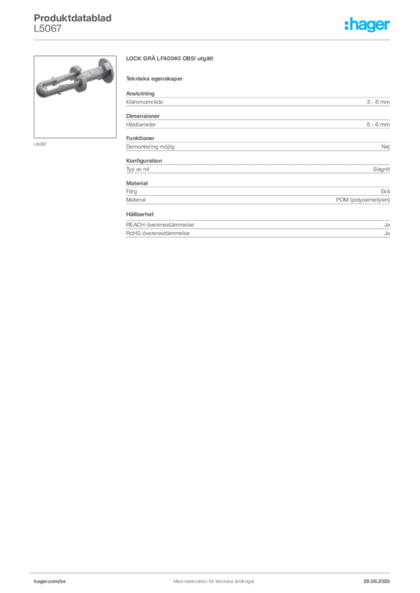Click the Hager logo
click(x=367, y=24)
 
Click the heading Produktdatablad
click(x=73, y=18)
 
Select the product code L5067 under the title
click(x=48, y=29)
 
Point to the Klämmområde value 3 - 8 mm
click(x=378, y=102)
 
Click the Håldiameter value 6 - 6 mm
click(x=378, y=125)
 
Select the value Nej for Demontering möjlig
click(x=386, y=147)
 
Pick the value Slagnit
click(x=381, y=169)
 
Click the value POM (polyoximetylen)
click(x=363, y=200)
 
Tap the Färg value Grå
click(x=385, y=191)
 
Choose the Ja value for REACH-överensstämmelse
click(x=387, y=225)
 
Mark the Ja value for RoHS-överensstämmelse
click(x=387, y=233)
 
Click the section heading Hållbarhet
click(x=140, y=214)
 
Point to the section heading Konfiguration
click(x=144, y=161)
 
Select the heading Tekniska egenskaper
click(x=154, y=79)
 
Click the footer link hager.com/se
click(x=50, y=581)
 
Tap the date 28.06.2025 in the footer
click(x=376, y=581)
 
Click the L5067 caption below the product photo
click(x=40, y=144)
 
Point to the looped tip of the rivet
click(x=42, y=89)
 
